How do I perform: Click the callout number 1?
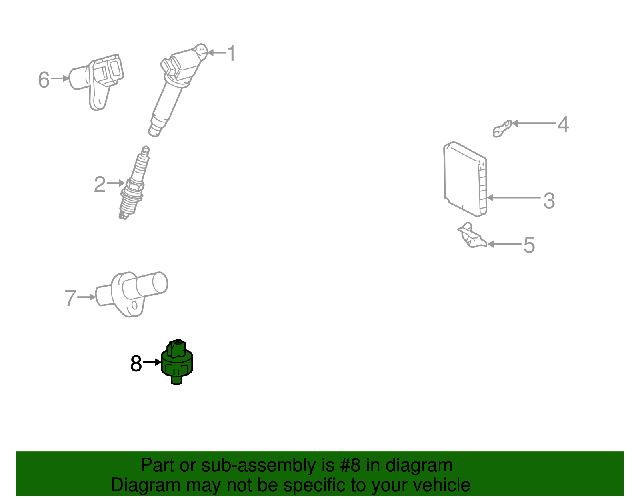231,53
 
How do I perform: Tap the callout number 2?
100,185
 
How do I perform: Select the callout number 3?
549,201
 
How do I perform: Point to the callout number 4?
563,124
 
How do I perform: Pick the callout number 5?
529,245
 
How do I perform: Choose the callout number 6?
44,80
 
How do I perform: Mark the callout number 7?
70,298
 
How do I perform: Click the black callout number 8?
136,364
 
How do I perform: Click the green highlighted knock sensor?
177,362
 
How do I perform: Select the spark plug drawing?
134,184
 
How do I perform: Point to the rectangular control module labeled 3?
464,178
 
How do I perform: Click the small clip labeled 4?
502,128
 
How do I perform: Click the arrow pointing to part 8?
152,362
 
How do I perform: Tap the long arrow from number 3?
514,197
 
